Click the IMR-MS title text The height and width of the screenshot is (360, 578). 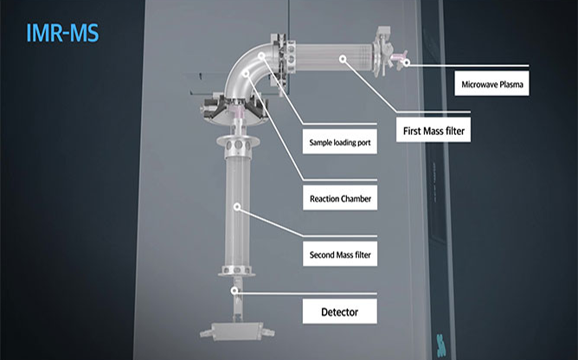[x=62, y=33]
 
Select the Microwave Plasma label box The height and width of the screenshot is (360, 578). [x=491, y=84]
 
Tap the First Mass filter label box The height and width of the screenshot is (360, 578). [x=433, y=130]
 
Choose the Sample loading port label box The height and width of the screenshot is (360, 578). [x=340, y=142]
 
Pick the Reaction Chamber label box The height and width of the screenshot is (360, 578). [x=340, y=198]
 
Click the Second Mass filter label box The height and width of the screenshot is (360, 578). [x=340, y=254]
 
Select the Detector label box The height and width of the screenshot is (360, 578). [x=340, y=312]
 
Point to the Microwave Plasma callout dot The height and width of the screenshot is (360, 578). [x=406, y=62]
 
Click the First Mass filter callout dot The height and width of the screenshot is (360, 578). [x=343, y=59]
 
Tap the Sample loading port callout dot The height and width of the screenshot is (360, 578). [x=261, y=55]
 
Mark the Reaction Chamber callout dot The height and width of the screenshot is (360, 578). [x=246, y=74]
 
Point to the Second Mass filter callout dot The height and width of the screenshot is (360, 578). [x=237, y=207]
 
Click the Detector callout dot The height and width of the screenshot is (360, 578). [x=234, y=291]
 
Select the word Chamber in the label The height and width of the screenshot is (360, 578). [x=356, y=199]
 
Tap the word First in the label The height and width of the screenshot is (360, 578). [x=412, y=131]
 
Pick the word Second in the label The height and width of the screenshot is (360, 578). [x=321, y=255]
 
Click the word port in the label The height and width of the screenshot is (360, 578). [x=363, y=143]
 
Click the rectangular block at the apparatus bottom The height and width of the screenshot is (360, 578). [x=237, y=331]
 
